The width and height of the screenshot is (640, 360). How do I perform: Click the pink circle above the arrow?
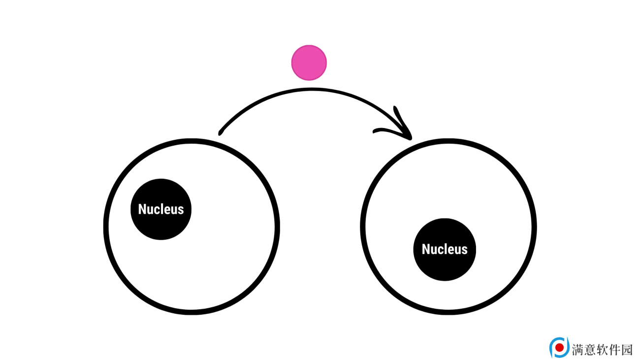(x=309, y=63)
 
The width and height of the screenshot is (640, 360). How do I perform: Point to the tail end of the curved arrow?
(x=220, y=133)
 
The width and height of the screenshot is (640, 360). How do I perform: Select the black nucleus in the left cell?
(x=161, y=209)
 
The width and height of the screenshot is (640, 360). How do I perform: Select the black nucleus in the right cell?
(x=445, y=249)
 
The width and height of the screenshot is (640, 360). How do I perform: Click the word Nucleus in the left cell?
(x=161, y=209)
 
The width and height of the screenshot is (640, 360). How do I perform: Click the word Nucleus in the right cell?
(x=445, y=249)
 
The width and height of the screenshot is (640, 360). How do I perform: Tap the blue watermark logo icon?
(x=559, y=347)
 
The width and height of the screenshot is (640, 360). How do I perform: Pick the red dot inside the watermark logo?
(x=559, y=348)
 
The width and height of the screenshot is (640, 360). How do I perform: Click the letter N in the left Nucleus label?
(x=142, y=209)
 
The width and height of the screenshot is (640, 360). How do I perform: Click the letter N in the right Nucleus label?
(x=426, y=249)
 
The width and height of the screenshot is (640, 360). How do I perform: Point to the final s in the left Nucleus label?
(x=181, y=211)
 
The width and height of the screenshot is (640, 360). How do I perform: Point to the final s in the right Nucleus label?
(x=465, y=251)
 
